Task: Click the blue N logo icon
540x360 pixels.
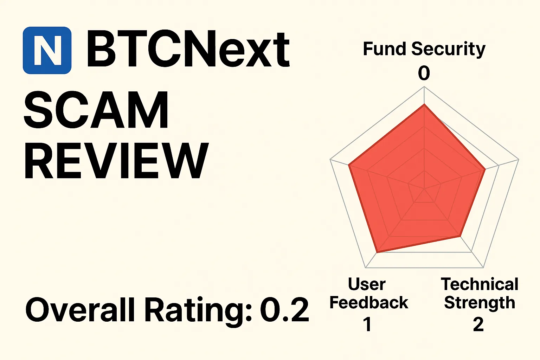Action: tap(47, 50)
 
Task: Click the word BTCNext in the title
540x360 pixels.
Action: tap(188, 49)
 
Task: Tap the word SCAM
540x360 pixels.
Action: tap(96, 110)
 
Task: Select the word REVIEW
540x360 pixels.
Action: tap(116, 161)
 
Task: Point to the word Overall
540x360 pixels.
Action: tap(80, 310)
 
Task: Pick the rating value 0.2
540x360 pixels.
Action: tap(284, 310)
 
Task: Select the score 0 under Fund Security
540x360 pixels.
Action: tap(424, 73)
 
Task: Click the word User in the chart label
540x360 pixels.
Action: tap(367, 284)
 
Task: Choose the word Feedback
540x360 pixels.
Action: tap(369, 303)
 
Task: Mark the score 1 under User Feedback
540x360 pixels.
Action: tap(367, 324)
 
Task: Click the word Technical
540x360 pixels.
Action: tap(480, 284)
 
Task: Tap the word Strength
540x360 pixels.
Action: tap(480, 303)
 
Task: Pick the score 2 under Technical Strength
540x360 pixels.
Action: tap(478, 324)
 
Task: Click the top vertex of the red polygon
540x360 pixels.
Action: tap(424, 104)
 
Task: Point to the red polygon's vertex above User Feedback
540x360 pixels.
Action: tap(377, 252)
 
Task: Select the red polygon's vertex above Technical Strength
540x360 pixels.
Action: tap(460, 236)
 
